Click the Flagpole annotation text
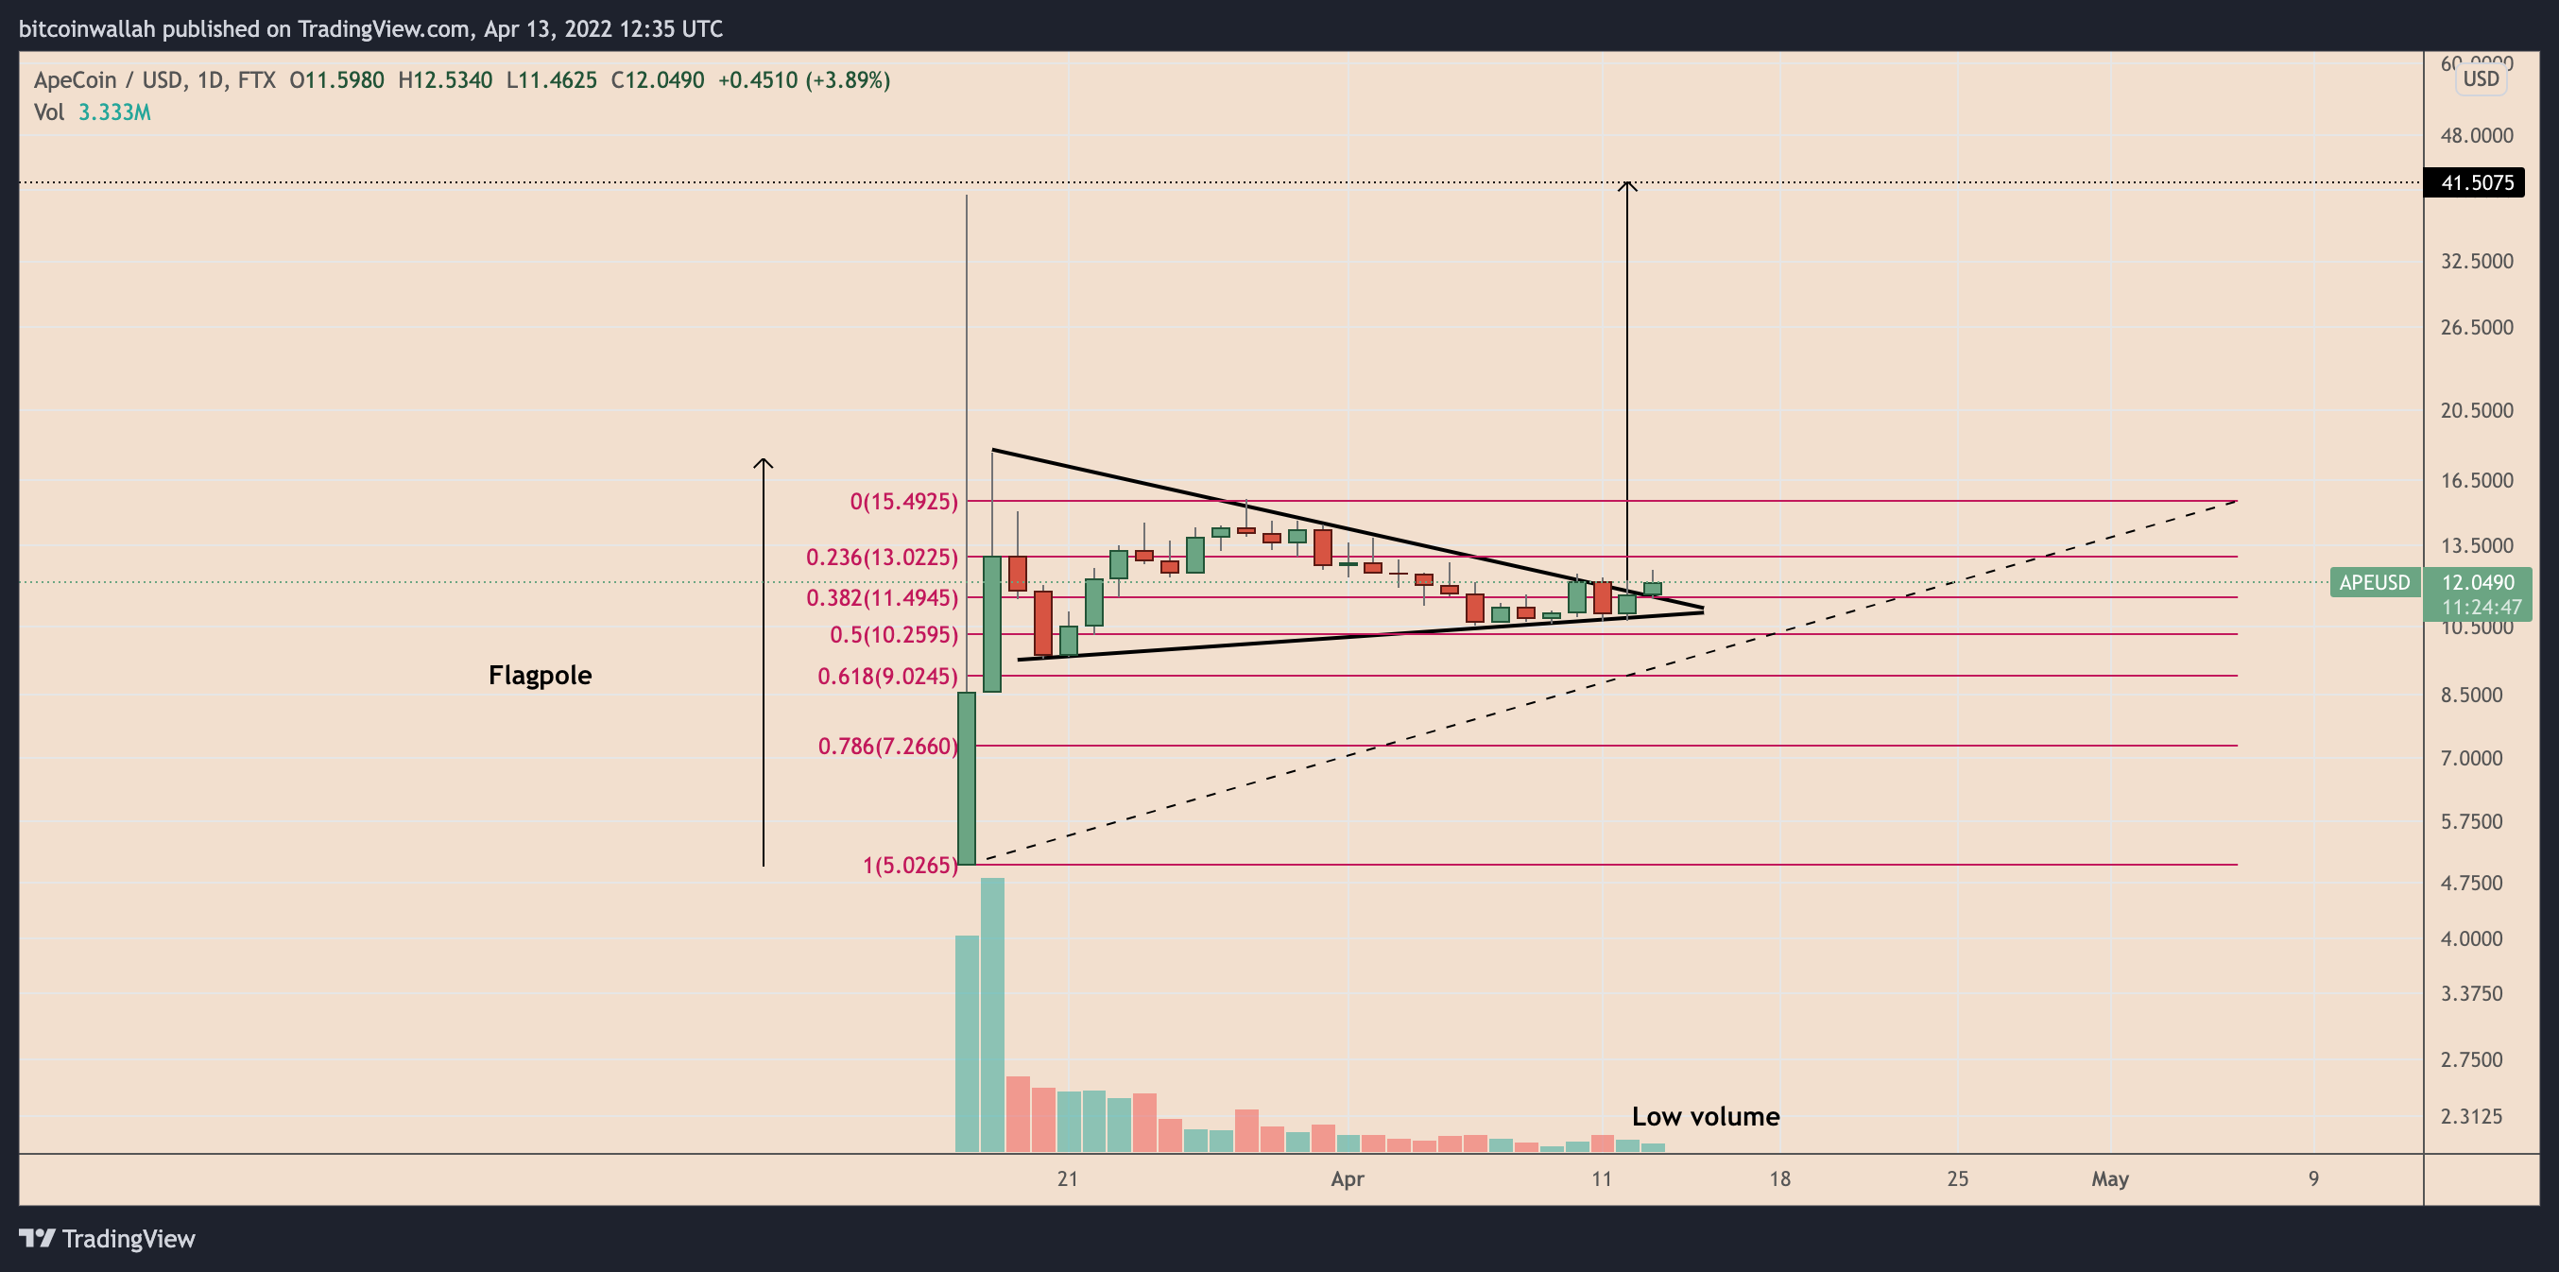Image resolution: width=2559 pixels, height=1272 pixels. click(540, 676)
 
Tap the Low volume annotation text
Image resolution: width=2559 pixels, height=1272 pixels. click(1705, 1116)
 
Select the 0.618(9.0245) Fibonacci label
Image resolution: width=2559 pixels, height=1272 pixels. click(887, 677)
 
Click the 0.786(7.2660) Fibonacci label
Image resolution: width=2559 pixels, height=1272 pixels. click(887, 747)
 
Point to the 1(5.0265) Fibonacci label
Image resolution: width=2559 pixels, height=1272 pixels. click(910, 866)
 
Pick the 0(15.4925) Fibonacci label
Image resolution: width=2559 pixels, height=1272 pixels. click(904, 502)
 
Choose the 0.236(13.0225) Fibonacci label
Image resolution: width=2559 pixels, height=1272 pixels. click(881, 558)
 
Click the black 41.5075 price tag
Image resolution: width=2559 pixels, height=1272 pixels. click(2477, 182)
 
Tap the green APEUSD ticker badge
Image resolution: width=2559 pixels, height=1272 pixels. click(2373, 582)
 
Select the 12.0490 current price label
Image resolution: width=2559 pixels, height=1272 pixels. click(2478, 582)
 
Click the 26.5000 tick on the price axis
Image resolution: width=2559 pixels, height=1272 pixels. click(2477, 328)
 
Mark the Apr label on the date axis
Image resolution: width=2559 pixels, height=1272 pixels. click(1347, 1179)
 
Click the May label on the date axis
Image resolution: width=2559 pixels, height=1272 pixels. click(2109, 1179)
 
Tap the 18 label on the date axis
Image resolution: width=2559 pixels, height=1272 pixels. click(1779, 1179)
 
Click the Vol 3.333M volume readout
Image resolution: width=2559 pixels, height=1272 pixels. click(93, 112)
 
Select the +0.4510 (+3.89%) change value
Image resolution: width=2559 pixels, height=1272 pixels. click(802, 80)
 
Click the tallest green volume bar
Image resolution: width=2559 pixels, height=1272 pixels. click(991, 1014)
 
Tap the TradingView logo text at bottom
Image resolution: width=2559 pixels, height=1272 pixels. click(128, 1239)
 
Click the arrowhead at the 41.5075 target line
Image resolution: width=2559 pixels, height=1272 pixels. click(1626, 185)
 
